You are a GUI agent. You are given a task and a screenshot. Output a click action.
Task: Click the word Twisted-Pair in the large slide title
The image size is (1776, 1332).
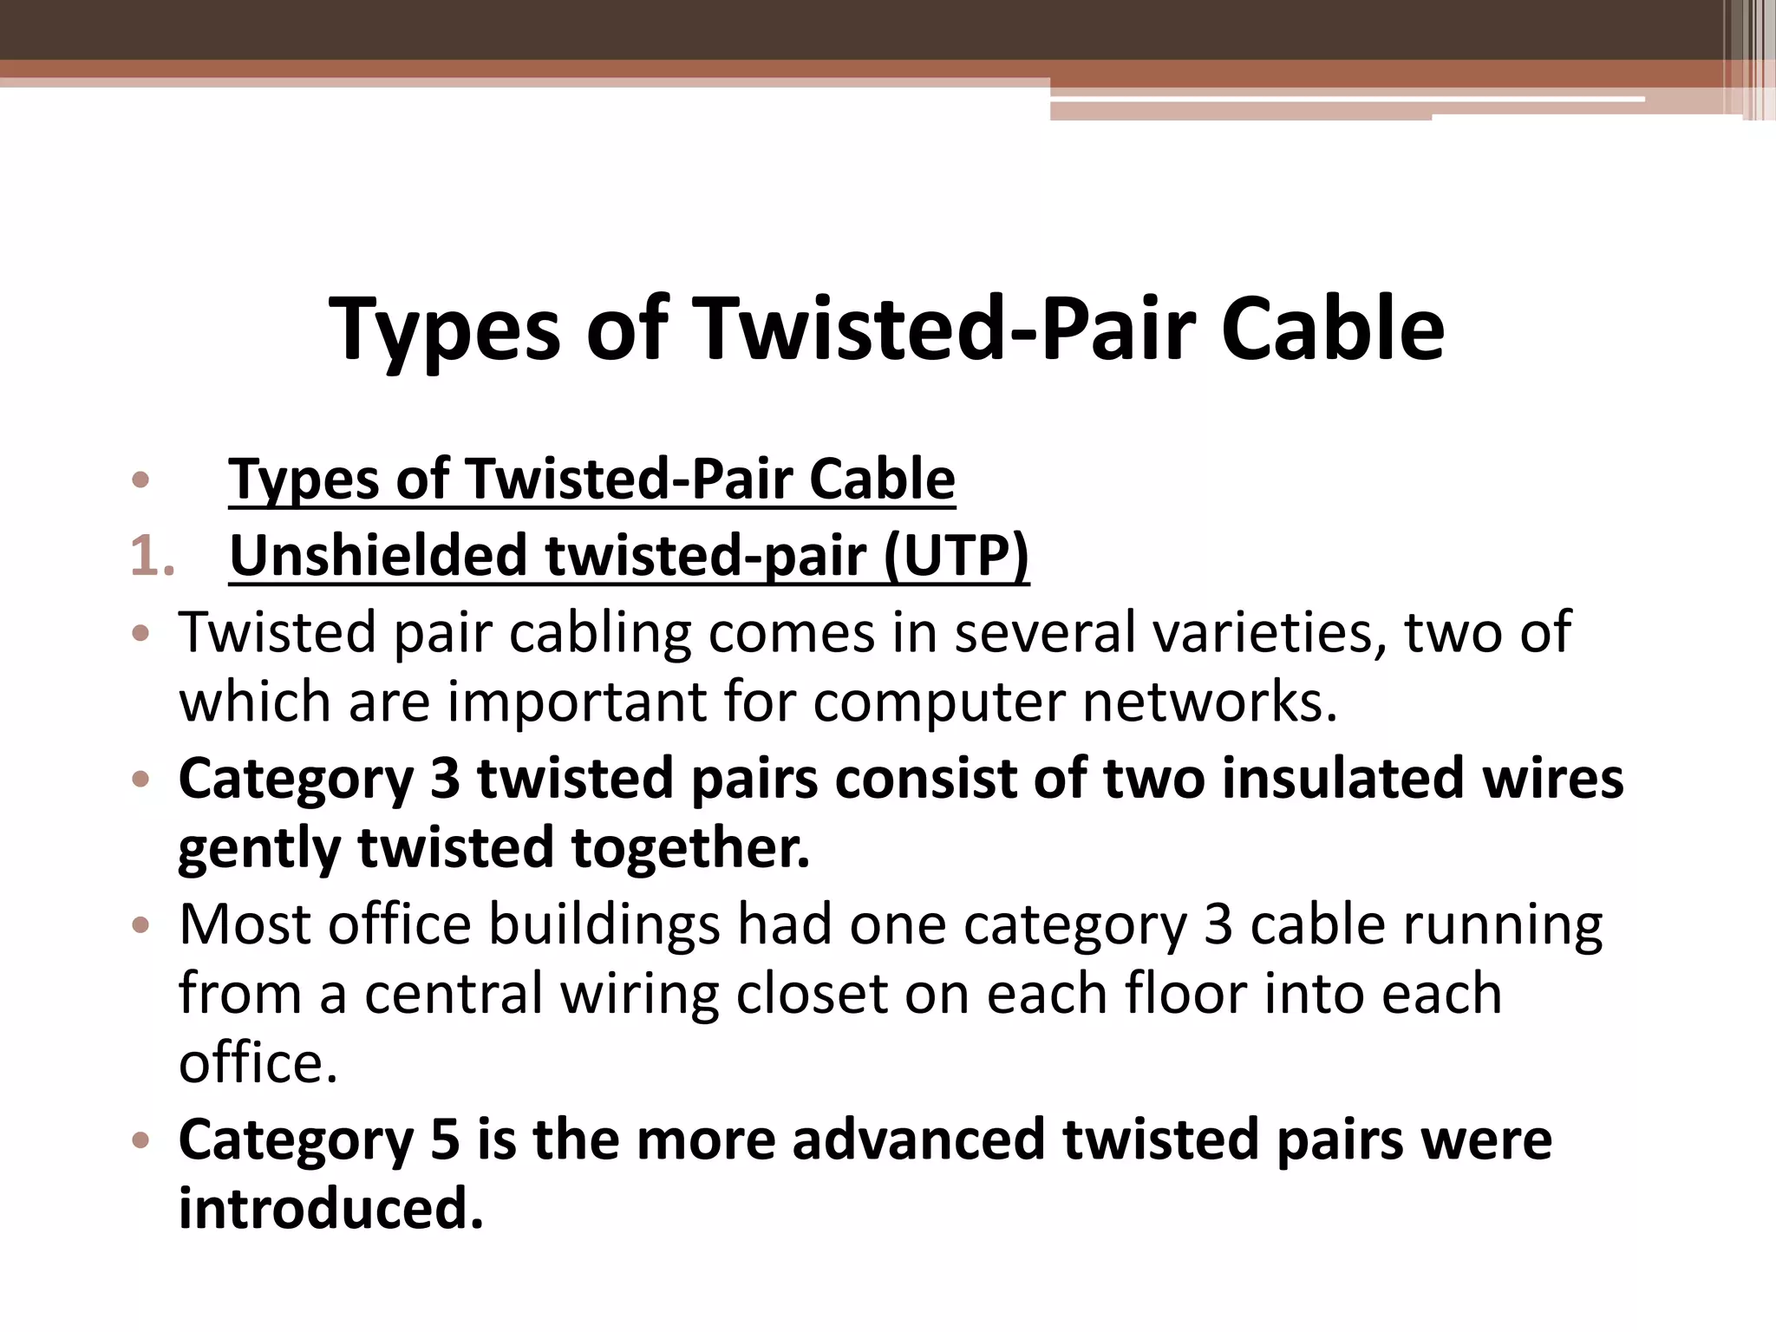[x=944, y=330]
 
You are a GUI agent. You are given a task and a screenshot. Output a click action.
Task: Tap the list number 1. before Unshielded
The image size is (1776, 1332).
[x=152, y=556]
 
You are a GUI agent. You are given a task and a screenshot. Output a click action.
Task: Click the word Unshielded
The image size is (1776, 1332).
[x=377, y=556]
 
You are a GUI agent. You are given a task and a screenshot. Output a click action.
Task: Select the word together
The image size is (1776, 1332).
[x=690, y=847]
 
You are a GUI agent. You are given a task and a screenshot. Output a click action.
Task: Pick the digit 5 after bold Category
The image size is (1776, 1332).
[x=445, y=1139]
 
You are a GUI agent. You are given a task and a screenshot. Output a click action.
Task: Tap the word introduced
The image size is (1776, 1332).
[x=330, y=1209]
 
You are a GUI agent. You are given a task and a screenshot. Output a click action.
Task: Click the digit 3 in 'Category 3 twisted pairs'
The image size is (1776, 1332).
[x=445, y=778]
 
